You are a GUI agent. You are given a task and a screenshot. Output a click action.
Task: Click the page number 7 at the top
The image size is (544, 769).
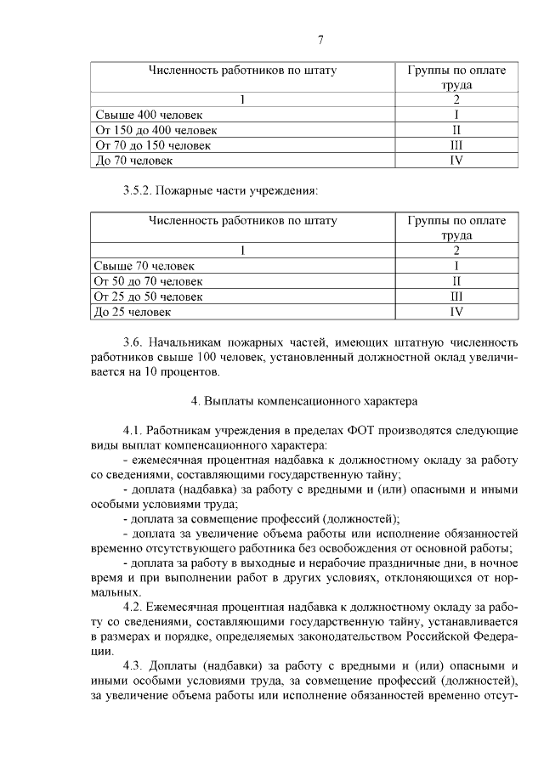(320, 39)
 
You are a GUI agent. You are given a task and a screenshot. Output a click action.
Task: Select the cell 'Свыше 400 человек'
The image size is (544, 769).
(140, 115)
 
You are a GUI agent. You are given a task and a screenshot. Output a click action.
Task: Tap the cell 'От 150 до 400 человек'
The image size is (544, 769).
(156, 130)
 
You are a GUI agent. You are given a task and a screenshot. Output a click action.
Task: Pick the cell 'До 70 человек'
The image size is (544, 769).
(133, 160)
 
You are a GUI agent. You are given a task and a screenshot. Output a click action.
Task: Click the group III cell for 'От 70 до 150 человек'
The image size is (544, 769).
(456, 145)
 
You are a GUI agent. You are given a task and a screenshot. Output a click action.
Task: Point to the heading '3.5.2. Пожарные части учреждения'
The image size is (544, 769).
(221, 190)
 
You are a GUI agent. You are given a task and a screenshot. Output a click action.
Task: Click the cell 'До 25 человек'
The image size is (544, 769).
(133, 312)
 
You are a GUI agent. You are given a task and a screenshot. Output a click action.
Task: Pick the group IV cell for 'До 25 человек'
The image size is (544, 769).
(456, 312)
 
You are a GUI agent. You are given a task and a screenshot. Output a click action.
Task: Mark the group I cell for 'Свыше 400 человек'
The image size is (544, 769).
(456, 115)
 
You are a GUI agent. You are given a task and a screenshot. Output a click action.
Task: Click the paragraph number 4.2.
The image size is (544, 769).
(133, 607)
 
